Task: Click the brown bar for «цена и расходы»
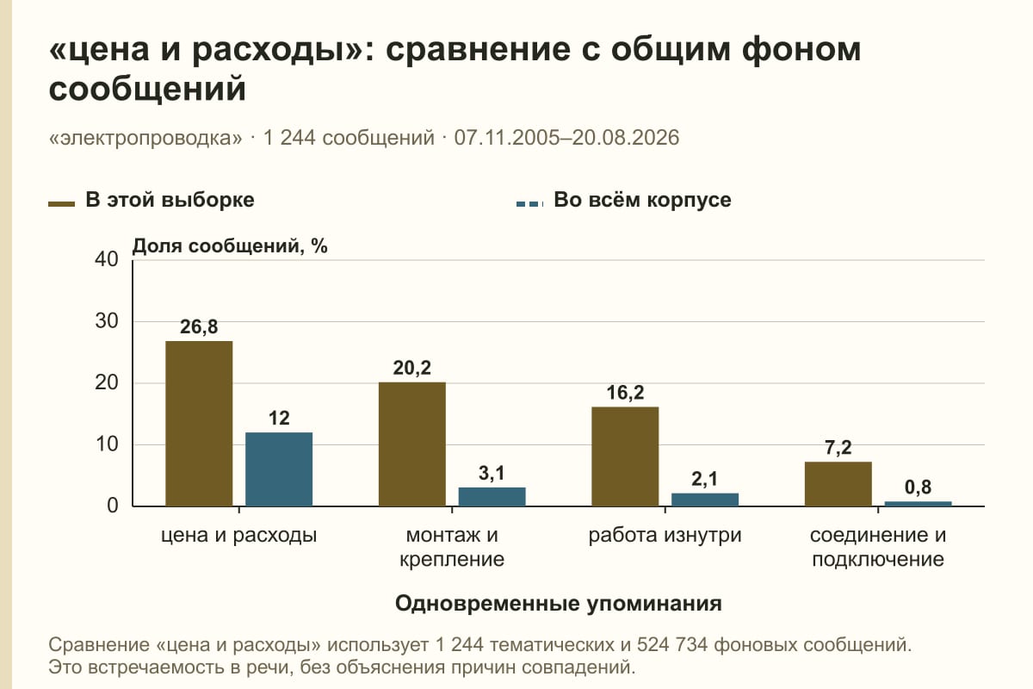pyautogui.click(x=199, y=424)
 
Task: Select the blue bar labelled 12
pyautogui.click(x=279, y=469)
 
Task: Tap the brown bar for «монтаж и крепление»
pyautogui.click(x=411, y=444)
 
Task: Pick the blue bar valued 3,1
pyautogui.click(x=492, y=497)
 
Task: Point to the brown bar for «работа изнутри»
pyautogui.click(x=625, y=456)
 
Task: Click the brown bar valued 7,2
pyautogui.click(x=838, y=484)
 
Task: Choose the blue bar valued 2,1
pyautogui.click(x=705, y=500)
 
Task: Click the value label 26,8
pyautogui.click(x=199, y=326)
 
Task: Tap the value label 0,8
pyautogui.click(x=918, y=487)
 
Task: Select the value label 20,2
pyautogui.click(x=411, y=368)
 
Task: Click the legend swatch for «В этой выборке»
pyautogui.click(x=61, y=203)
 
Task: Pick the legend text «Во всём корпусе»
pyautogui.click(x=642, y=200)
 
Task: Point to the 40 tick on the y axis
pyautogui.click(x=107, y=259)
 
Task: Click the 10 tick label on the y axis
pyautogui.click(x=107, y=444)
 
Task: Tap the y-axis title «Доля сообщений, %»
pyautogui.click(x=230, y=246)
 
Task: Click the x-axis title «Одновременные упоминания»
pyautogui.click(x=559, y=604)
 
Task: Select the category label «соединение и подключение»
pyautogui.click(x=878, y=547)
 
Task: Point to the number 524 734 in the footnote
pyautogui.click(x=672, y=645)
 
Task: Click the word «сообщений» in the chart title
pyautogui.click(x=147, y=89)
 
